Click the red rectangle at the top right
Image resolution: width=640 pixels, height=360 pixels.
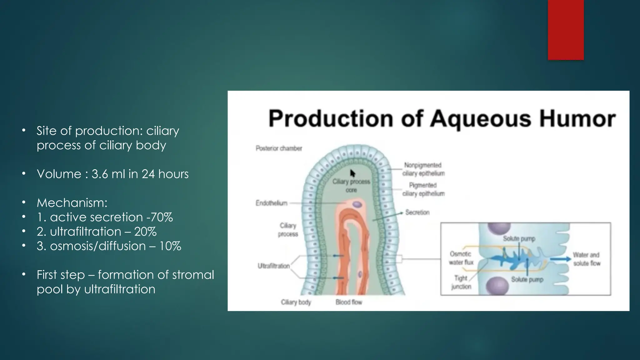566,30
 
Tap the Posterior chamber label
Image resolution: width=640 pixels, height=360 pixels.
279,148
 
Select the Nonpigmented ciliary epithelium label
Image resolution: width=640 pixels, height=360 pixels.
423,169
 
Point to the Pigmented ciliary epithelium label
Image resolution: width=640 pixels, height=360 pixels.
423,189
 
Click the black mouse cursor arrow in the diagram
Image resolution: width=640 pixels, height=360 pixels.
352,173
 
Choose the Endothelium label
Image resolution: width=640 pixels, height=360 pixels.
271,203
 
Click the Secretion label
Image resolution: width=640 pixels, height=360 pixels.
417,212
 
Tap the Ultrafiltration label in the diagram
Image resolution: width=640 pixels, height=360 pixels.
273,266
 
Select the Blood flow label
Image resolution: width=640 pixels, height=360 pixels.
349,302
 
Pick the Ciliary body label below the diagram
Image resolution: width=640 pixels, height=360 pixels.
296,302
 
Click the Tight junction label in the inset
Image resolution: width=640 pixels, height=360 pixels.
461,282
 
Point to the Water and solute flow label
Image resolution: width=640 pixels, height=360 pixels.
587,259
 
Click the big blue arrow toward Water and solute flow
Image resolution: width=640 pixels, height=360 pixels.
559,259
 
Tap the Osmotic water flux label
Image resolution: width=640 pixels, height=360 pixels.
461,258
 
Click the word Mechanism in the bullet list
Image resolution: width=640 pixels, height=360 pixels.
72,203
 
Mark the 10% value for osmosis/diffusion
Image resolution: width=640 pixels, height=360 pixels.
170,246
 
